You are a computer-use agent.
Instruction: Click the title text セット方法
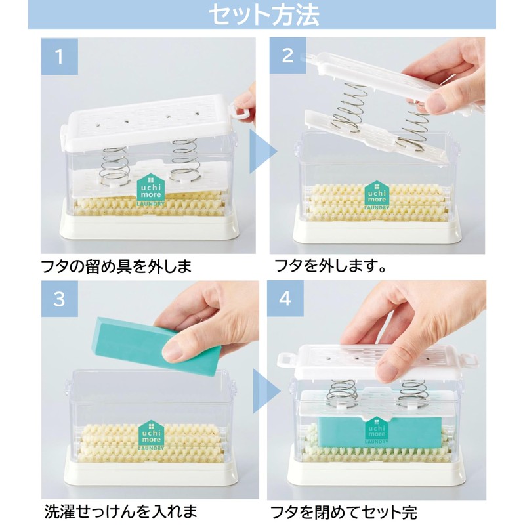point(262,14)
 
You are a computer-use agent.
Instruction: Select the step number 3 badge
point(59,299)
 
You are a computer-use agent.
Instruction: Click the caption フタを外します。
point(329,268)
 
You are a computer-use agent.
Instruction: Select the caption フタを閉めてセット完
point(345,511)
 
